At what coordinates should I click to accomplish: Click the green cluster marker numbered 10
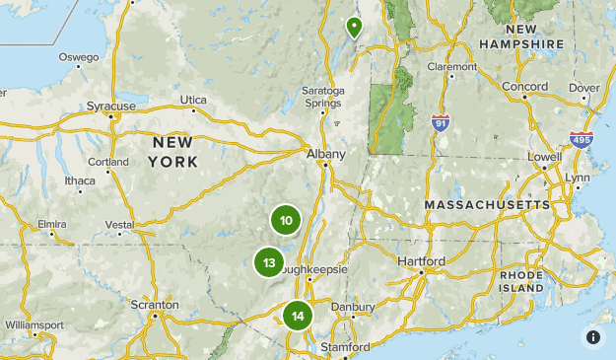pyautogui.click(x=286, y=220)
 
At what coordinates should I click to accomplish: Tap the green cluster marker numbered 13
pyautogui.click(x=269, y=262)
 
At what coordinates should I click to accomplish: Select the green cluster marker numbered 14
pyautogui.click(x=298, y=317)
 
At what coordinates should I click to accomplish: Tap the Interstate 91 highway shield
pyautogui.click(x=441, y=122)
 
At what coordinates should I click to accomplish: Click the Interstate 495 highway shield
pyautogui.click(x=582, y=139)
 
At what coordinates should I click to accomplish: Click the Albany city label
pyautogui.click(x=326, y=155)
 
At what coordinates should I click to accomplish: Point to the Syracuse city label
pyautogui.click(x=111, y=106)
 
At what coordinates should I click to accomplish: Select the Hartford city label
pyautogui.click(x=421, y=260)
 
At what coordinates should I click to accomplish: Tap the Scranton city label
pyautogui.click(x=155, y=305)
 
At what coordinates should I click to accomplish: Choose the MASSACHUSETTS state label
pyautogui.click(x=487, y=204)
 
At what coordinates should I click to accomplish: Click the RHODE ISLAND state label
pyautogui.click(x=521, y=280)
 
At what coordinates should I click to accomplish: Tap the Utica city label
pyautogui.click(x=194, y=100)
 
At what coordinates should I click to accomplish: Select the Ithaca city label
pyautogui.click(x=81, y=180)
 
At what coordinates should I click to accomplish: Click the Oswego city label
pyautogui.click(x=79, y=56)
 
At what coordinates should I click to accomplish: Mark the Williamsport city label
pyautogui.click(x=34, y=324)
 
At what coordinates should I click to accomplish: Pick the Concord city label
pyautogui.click(x=524, y=87)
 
